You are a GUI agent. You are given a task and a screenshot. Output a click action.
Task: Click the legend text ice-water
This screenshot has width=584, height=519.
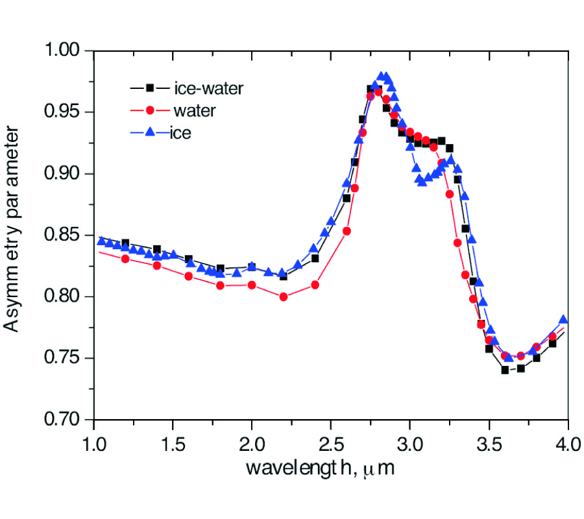tap(208, 88)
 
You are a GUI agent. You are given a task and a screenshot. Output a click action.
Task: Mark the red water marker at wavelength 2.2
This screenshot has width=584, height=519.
tap(284, 296)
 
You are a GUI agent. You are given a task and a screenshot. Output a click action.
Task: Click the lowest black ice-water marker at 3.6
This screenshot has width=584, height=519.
tap(505, 370)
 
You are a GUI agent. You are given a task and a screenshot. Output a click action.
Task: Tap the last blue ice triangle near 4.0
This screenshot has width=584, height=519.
tap(563, 319)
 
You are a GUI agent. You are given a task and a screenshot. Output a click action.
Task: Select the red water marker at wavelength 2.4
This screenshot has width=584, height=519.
tap(315, 284)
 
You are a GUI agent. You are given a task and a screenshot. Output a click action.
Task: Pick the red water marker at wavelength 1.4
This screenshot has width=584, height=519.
tap(157, 265)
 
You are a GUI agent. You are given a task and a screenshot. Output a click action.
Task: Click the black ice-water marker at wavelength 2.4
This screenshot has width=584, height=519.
tap(315, 258)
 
